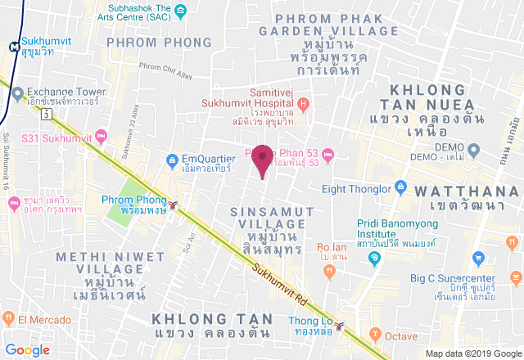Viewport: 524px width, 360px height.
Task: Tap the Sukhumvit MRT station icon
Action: (14, 47)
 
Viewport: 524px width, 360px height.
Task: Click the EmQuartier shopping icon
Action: (172, 159)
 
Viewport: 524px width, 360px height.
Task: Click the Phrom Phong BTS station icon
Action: (174, 202)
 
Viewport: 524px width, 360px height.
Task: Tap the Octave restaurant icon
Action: (376, 334)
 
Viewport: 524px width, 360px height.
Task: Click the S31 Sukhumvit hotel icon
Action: (102, 136)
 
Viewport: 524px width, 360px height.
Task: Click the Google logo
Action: (28, 349)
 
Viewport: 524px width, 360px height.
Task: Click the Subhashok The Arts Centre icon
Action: (181, 11)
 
